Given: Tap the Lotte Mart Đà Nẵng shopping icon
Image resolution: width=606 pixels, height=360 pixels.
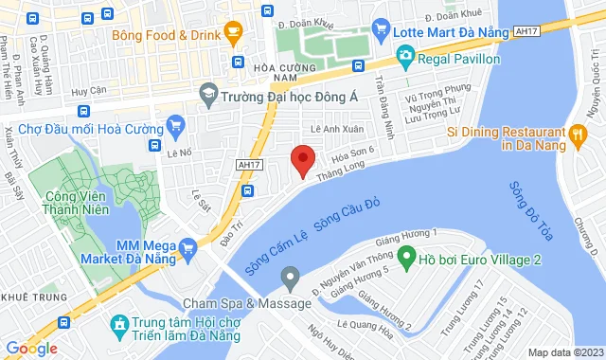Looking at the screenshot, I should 382,30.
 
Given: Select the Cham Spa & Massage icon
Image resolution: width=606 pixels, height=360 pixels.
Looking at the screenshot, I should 291,279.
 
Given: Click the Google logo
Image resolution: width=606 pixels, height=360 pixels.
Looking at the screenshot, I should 31,349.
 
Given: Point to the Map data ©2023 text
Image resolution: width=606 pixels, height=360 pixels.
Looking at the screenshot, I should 563,352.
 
